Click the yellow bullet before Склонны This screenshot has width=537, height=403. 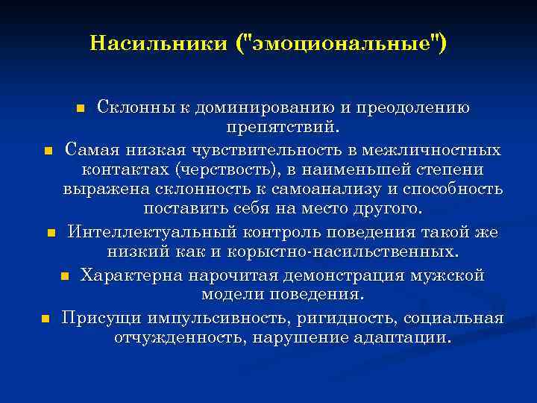click(x=82, y=109)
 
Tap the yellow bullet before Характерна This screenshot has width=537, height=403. click(x=66, y=277)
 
